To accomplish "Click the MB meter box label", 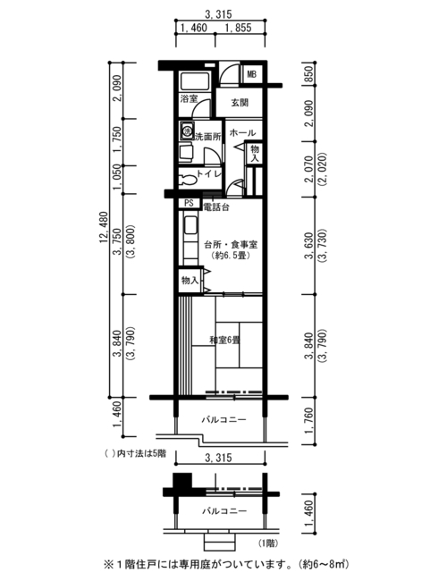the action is (252, 74).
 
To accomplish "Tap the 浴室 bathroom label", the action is (189, 98).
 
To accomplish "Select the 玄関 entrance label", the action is (240, 103).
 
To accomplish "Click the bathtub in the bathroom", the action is (195, 80).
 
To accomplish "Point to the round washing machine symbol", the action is (187, 131).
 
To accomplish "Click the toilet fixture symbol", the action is (187, 181).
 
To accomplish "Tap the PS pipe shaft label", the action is (189, 203).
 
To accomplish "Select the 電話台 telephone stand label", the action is (216, 207).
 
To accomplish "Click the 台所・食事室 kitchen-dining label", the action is (231, 245).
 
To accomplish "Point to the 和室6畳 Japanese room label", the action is (224, 340).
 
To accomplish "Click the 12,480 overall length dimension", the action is (104, 227).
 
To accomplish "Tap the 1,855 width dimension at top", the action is (238, 28).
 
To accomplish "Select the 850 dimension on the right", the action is (309, 74).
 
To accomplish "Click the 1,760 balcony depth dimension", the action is (309, 421).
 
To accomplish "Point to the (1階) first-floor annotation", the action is (267, 543).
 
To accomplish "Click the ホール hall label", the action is (243, 132).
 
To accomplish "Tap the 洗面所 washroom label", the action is (208, 137).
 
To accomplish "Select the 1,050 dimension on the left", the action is (117, 177).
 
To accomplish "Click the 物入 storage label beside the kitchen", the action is (190, 281).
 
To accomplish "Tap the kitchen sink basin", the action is (190, 225).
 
